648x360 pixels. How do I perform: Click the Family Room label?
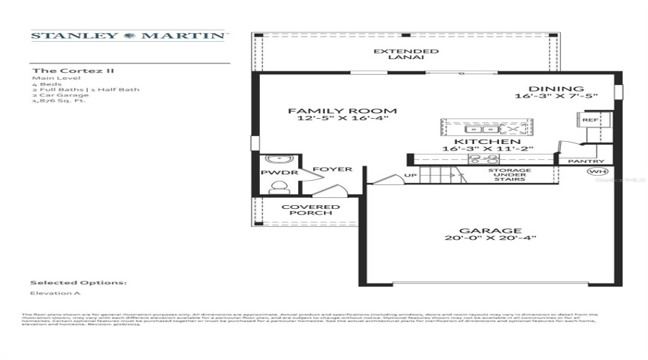(343, 111)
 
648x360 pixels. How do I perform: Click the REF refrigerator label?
(589, 120)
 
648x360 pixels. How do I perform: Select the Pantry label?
(585, 161)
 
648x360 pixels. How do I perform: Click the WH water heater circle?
(596, 172)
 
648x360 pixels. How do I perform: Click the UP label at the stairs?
(410, 174)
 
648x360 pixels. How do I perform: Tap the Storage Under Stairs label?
(510, 175)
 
